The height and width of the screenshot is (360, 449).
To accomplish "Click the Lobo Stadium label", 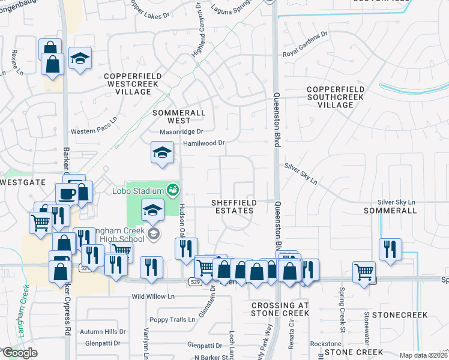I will point(138,191).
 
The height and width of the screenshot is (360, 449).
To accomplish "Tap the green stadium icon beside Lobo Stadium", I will point(173,190).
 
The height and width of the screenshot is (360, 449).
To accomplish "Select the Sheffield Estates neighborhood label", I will point(234,206).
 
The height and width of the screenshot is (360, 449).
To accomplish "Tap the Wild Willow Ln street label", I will point(153,296).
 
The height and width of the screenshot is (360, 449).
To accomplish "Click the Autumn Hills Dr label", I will point(103,331).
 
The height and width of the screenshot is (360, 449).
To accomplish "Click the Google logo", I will point(20,353).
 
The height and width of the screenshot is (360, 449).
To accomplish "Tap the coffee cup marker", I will point(66,194).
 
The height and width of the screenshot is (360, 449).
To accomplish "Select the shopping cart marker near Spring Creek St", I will point(364,271).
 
